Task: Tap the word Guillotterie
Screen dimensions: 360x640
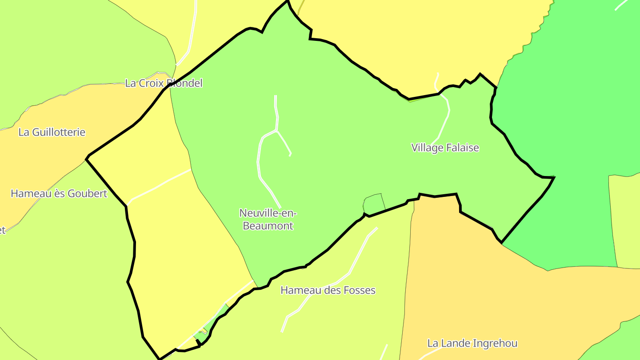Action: point(58,132)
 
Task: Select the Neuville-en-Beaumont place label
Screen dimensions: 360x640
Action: point(268,219)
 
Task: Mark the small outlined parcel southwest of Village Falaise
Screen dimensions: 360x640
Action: point(374,203)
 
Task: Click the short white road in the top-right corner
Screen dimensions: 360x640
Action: point(622,4)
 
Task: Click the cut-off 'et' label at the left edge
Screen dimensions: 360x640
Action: point(2,230)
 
